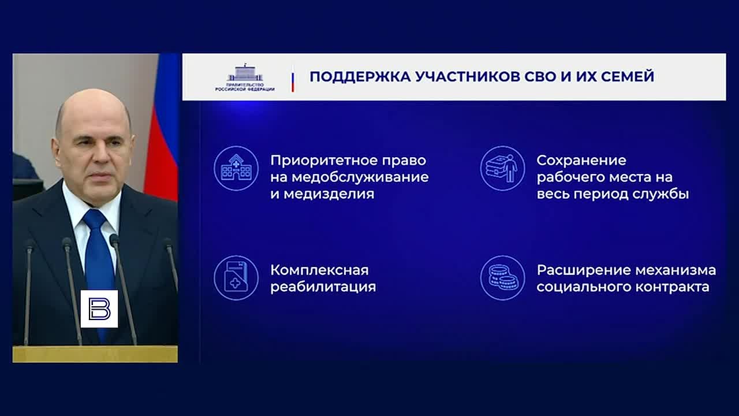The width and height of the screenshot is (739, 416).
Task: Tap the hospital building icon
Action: pyautogui.click(x=236, y=168)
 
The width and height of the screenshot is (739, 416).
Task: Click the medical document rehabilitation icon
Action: pyautogui.click(x=236, y=278)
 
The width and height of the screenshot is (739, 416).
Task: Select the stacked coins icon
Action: pyautogui.click(x=502, y=278)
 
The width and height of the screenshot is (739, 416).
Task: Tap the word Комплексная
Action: pyautogui.click(x=319, y=270)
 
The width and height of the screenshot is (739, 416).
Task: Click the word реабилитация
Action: pyautogui.click(x=323, y=287)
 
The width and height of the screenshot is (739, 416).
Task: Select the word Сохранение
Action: pyautogui.click(x=581, y=160)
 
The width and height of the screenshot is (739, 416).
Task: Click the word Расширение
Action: pyautogui.click(x=583, y=270)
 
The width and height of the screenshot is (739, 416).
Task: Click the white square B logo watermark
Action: pyautogui.click(x=99, y=309)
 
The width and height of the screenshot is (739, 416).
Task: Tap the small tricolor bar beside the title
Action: pyautogui.click(x=293, y=78)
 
